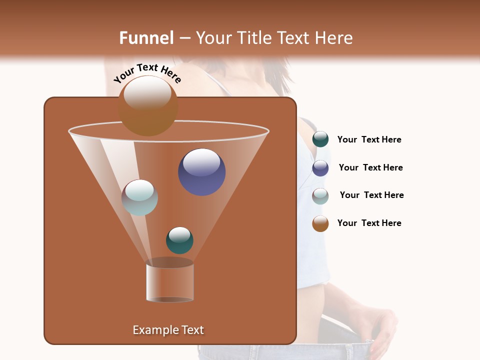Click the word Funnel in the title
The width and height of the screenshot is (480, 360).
coord(146,38)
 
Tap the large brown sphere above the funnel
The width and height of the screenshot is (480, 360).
coord(148,106)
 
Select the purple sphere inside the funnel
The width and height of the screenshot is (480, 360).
coord(201,172)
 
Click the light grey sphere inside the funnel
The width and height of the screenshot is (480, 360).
coord(139,197)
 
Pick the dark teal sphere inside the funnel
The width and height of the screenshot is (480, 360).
coord(179,240)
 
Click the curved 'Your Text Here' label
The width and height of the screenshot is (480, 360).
coord(147,73)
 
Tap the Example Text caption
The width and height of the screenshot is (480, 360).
coord(168,330)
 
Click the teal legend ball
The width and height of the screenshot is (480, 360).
coord(320,139)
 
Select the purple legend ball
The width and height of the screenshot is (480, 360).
coord(320,168)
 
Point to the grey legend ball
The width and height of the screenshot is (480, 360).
coord(320,196)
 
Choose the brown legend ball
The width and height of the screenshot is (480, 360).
coord(320,223)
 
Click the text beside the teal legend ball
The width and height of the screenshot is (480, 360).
coord(369,140)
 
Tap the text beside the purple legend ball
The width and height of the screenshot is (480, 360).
coord(370,168)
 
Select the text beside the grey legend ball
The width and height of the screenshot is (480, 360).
coord(371,195)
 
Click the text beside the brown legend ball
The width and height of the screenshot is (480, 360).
coord(369,223)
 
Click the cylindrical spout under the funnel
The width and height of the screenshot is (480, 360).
coord(169,282)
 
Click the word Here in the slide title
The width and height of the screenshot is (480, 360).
coord(333,38)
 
